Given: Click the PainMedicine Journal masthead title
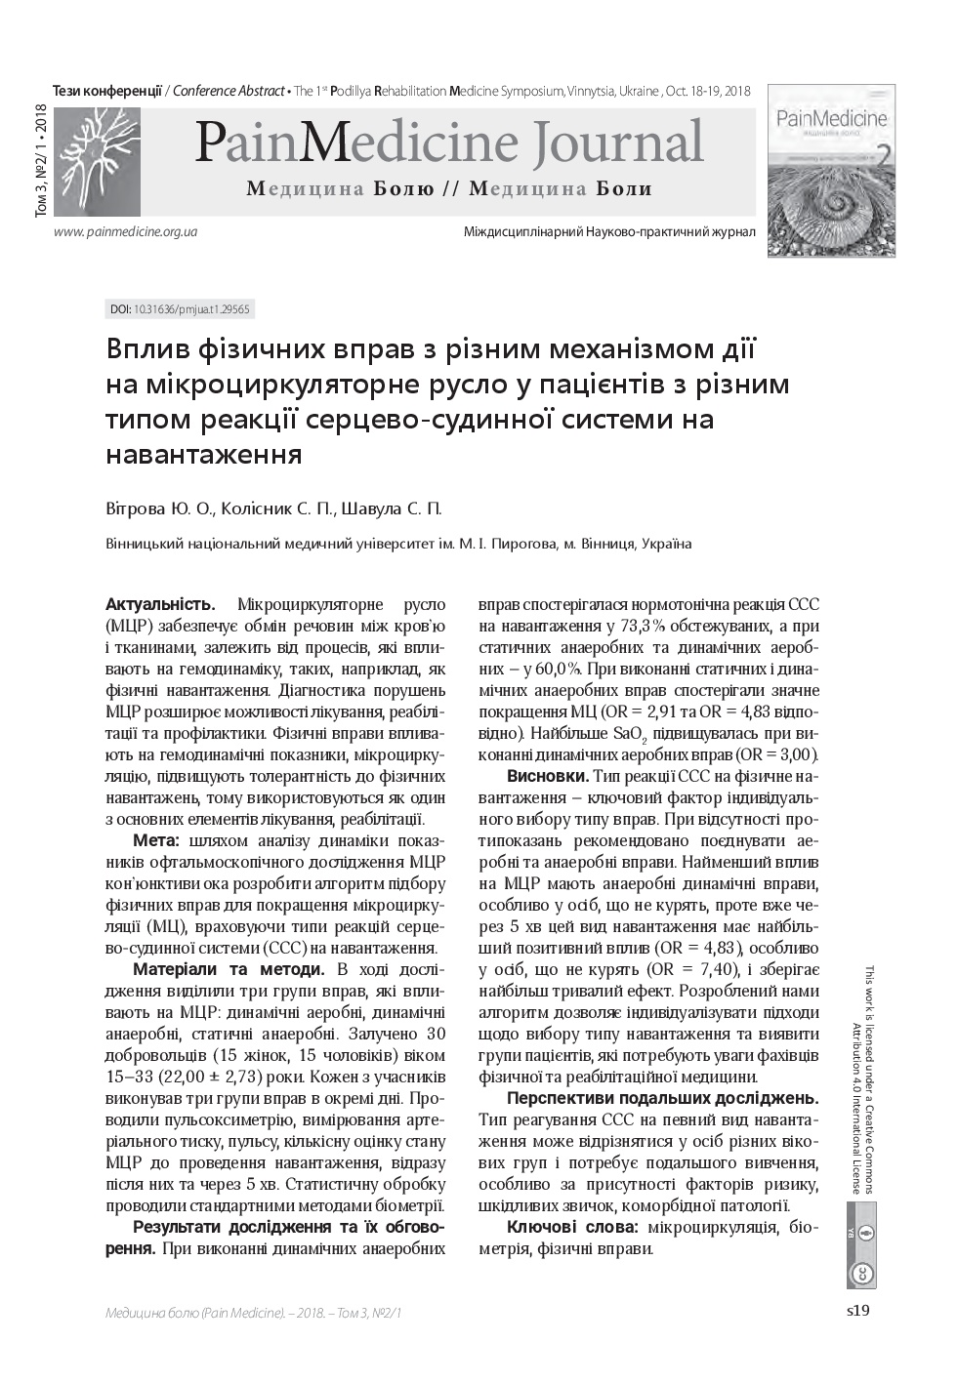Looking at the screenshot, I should tap(449, 142).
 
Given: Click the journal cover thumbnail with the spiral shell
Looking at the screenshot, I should tap(831, 172).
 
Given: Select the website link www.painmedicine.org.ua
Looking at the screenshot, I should tap(126, 232).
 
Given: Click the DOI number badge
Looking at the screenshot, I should tap(180, 309).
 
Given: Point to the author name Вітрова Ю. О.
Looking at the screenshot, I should tap(158, 508).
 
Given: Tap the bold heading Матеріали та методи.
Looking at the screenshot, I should tap(229, 969).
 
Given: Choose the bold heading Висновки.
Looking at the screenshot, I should tap(548, 776).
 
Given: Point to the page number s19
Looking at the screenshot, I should tap(857, 1311).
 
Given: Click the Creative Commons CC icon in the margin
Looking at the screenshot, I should tap(862, 1274).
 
